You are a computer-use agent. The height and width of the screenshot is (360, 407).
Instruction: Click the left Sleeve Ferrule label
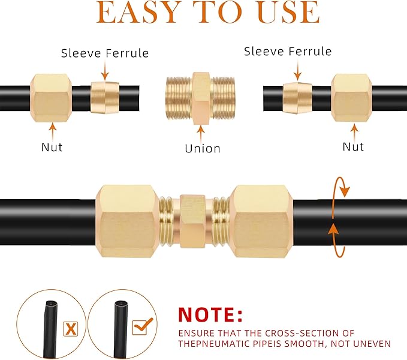(x=105, y=53)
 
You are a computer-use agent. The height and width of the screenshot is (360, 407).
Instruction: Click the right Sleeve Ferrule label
(x=288, y=52)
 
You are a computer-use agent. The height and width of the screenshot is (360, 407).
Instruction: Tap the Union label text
(x=202, y=148)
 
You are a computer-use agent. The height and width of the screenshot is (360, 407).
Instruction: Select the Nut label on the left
(x=52, y=146)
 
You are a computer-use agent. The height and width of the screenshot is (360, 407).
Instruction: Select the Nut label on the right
(x=353, y=146)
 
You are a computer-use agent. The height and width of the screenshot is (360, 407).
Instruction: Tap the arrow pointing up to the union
(x=202, y=131)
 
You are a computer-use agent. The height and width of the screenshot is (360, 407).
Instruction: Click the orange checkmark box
(x=142, y=326)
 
